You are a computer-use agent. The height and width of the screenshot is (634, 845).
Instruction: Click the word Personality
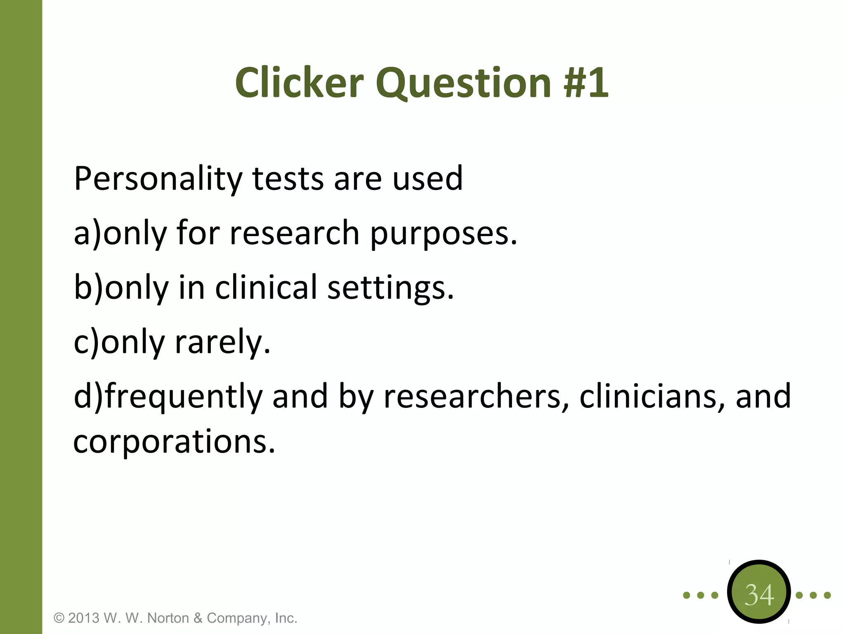point(158,180)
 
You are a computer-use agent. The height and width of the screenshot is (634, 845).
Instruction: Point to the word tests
point(288,179)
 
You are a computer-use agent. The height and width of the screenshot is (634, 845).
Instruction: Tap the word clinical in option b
point(266,287)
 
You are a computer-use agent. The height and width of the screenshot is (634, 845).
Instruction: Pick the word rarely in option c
point(223,343)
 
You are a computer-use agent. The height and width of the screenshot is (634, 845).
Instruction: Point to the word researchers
point(477,396)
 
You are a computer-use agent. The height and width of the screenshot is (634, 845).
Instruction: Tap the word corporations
point(174,442)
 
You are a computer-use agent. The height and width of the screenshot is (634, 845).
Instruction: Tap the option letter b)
point(88,288)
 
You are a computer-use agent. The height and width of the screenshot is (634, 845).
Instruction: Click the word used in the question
point(427,179)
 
